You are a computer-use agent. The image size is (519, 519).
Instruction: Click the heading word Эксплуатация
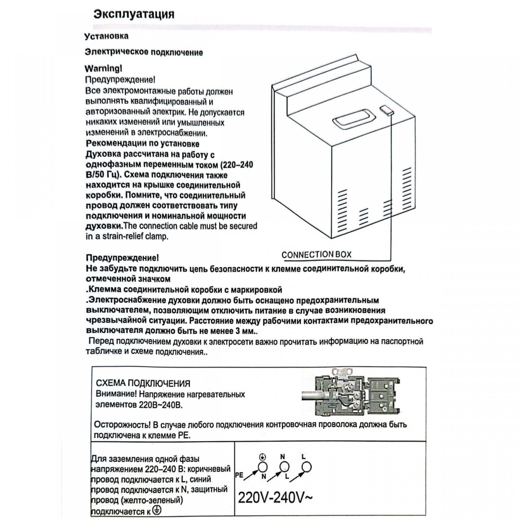click(134, 15)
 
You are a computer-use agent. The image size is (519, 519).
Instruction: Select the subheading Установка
click(107, 36)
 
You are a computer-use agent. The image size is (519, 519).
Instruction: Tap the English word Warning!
click(103, 69)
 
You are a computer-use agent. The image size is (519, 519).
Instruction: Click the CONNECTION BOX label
click(316, 255)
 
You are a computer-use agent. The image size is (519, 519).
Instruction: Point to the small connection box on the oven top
click(386, 110)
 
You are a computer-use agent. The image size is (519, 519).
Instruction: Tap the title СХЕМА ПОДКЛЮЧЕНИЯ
click(143, 383)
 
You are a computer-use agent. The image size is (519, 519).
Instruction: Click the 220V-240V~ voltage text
click(275, 498)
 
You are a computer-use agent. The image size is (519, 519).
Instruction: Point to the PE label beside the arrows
click(239, 475)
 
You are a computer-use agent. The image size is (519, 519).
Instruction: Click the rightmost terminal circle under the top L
click(306, 467)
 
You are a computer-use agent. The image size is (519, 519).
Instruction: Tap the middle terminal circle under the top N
click(284, 467)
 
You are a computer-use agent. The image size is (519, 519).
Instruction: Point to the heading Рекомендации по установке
click(142, 143)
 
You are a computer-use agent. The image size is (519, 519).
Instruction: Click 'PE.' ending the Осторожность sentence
click(184, 435)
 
